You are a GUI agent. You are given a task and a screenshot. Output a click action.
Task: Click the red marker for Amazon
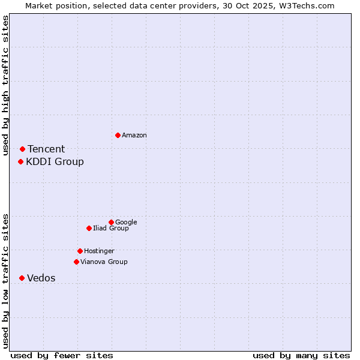pyautogui.click(x=118, y=135)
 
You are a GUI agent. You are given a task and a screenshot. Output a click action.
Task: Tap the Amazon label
pyautogui.click(x=134, y=136)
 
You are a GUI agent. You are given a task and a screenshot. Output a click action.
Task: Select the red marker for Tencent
pyautogui.click(x=22, y=149)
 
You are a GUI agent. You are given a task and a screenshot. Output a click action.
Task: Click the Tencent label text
pyautogui.click(x=46, y=149)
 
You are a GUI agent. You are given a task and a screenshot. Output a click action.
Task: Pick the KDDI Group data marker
pyautogui.click(x=20, y=161)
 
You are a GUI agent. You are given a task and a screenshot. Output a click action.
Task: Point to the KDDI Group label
pyautogui.click(x=55, y=162)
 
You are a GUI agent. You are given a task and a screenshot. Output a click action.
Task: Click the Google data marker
pyautogui.click(x=111, y=222)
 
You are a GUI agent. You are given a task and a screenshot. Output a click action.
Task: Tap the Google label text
pyautogui.click(x=126, y=223)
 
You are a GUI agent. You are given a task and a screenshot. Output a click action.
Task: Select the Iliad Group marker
pyautogui.click(x=89, y=228)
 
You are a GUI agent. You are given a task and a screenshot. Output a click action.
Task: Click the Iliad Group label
pyautogui.click(x=111, y=229)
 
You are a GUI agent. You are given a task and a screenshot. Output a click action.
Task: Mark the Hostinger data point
pyautogui.click(x=80, y=251)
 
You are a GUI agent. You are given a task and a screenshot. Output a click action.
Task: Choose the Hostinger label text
pyautogui.click(x=99, y=251)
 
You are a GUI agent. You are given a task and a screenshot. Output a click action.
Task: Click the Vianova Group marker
pyautogui.click(x=76, y=262)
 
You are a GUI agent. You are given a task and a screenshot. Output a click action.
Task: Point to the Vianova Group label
pyautogui.click(x=104, y=262)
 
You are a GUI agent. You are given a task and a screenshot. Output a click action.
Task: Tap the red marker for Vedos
pyautogui.click(x=22, y=278)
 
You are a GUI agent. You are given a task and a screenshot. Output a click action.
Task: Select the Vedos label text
pyautogui.click(x=41, y=278)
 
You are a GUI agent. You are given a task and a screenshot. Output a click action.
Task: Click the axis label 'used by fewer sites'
pyautogui.click(x=62, y=355)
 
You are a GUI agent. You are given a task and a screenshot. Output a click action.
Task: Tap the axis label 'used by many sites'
pyautogui.click(x=301, y=355)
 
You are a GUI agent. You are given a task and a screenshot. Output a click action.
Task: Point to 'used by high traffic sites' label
pyautogui.click(x=6, y=86)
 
